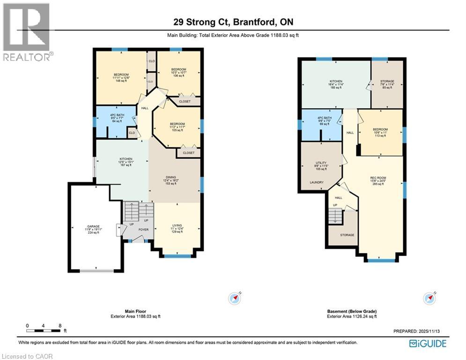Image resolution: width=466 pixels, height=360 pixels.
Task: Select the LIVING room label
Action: coord(177,225)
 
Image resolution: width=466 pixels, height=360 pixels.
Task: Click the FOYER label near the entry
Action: coord(143,230)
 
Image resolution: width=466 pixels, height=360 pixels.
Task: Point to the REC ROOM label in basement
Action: coord(377,178)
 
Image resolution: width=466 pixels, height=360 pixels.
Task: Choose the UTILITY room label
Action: coord(321,162)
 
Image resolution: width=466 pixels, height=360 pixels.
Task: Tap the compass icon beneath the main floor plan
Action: coord(234,298)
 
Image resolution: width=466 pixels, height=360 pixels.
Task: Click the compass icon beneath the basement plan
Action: coord(429,298)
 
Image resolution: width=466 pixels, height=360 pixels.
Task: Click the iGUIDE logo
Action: coord(427,344)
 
